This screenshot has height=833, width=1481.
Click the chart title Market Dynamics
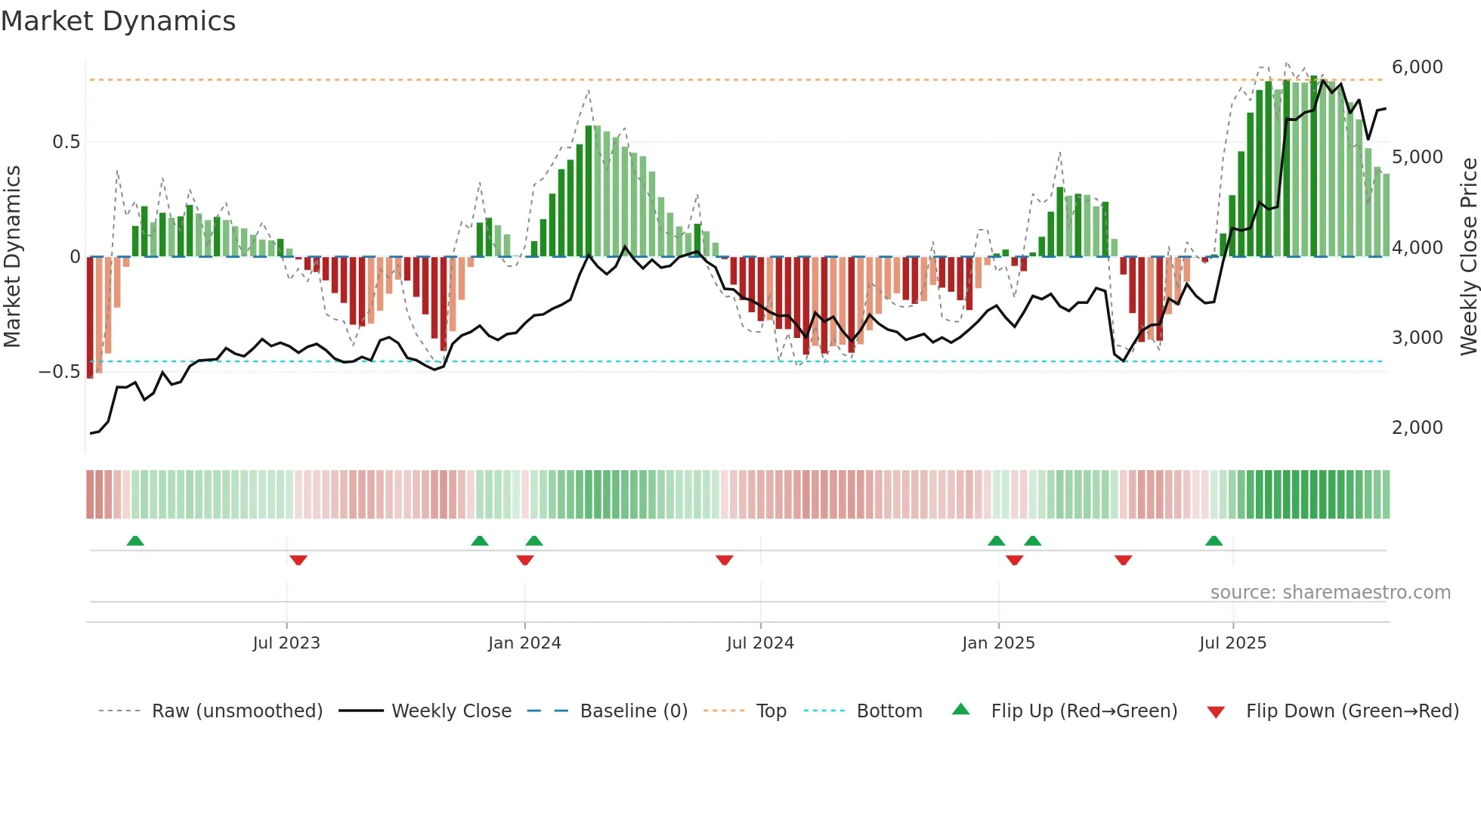(118, 21)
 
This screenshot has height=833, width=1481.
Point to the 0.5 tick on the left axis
(66, 142)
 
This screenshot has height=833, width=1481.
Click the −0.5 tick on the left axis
(60, 372)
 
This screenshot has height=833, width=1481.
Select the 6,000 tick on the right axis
(1417, 67)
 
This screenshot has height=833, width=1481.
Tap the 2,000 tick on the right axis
(1417, 428)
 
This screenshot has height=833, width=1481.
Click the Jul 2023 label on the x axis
(286, 643)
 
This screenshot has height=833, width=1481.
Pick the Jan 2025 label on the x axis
(998, 643)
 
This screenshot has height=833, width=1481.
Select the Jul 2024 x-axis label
(760, 643)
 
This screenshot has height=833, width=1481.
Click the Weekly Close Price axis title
(1468, 256)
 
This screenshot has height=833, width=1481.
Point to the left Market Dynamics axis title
(12, 256)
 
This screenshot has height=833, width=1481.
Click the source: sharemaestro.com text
(1330, 593)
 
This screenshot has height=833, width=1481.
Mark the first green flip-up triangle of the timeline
(135, 540)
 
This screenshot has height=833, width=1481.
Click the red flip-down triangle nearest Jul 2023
(298, 560)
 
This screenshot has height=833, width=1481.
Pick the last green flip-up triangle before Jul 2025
(1214, 540)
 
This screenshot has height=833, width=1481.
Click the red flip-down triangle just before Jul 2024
(724, 560)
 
